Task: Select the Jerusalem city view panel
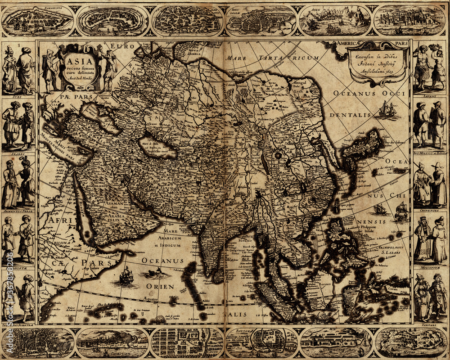[x=261, y=21]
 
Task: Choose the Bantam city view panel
[x=261, y=342]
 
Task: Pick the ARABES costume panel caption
[x=18, y=152]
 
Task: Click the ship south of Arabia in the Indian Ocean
[x=126, y=275]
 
